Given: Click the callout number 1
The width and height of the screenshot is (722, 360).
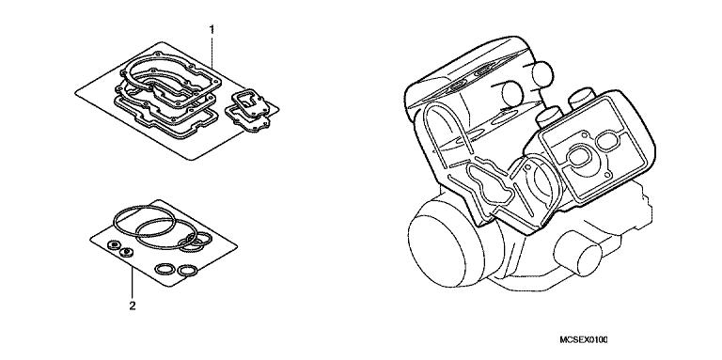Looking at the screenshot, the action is [x=212, y=30].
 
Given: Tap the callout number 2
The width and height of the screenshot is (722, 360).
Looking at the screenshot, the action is [x=133, y=305].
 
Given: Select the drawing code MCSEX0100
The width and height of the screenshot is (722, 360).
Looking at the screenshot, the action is [x=584, y=340].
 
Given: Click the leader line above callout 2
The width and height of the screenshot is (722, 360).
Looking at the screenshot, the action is [x=133, y=283].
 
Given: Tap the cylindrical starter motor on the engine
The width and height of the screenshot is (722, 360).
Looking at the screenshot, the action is [x=578, y=252].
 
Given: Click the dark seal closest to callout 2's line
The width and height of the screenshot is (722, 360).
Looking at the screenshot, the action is [x=126, y=252].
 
